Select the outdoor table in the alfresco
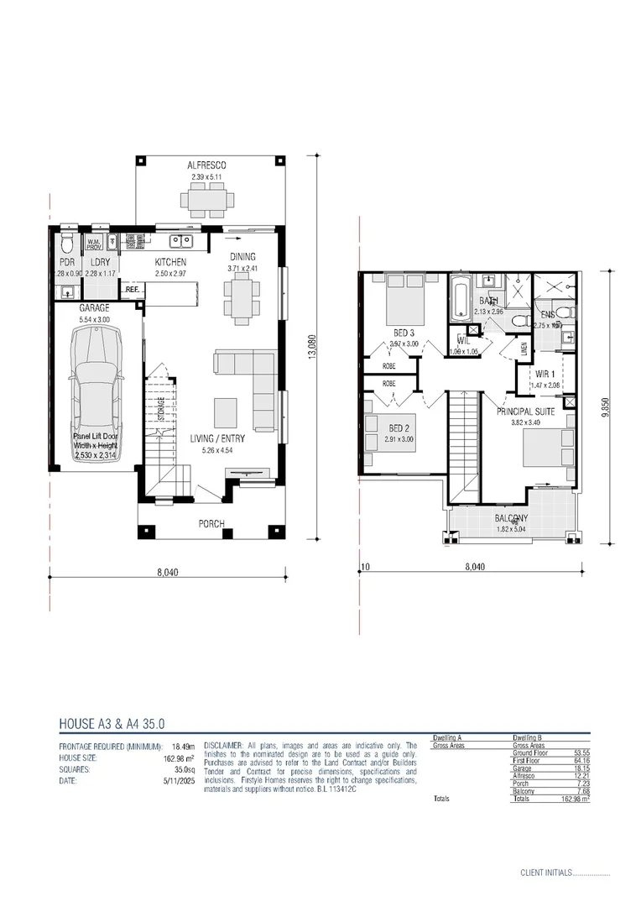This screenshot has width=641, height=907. pos(206,200)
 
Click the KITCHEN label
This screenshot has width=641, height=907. pos(170,263)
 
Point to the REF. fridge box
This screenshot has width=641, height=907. pos(132,290)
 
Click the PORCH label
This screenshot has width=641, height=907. pos(211,524)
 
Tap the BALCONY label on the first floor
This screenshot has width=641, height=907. pos(511,519)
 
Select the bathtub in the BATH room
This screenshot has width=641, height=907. pos(461,301)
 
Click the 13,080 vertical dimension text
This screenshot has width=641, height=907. pos(312,347)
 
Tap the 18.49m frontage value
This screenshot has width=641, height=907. pos(183,746)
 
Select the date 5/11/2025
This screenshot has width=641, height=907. pos(179,781)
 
